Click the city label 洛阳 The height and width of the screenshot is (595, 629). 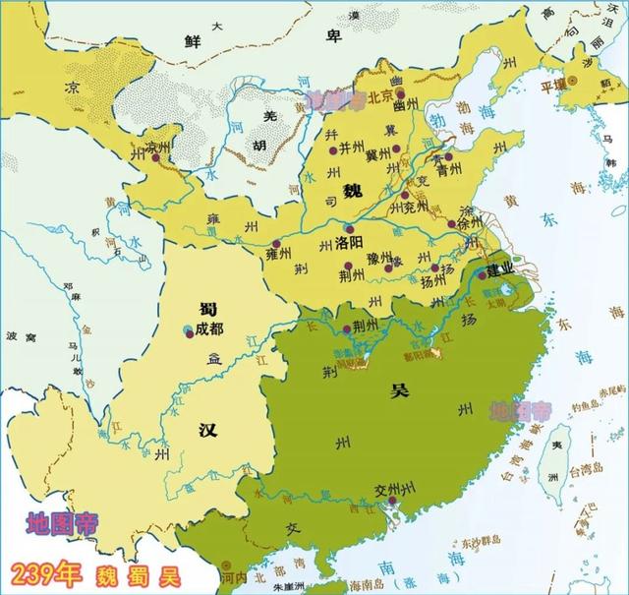350,241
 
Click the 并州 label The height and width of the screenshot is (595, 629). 351,148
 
